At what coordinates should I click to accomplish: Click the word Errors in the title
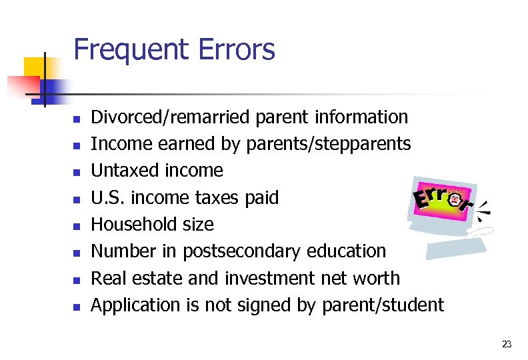tap(237, 50)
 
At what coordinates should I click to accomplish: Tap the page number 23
tap(507, 344)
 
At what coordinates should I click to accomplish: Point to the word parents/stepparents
tap(329, 144)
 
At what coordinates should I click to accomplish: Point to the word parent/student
tap(383, 305)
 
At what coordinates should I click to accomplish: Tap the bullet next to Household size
tap(77, 226)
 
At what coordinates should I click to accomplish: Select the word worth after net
tap(377, 278)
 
